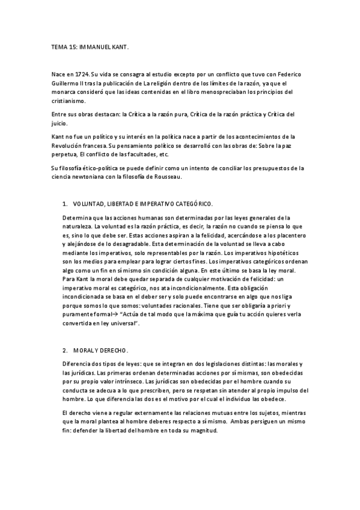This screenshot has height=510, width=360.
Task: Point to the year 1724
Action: coord(84,74)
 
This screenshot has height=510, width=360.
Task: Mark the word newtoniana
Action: coord(87,177)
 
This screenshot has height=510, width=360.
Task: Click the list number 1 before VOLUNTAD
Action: coord(64,204)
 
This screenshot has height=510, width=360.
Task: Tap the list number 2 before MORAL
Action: coord(64,350)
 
